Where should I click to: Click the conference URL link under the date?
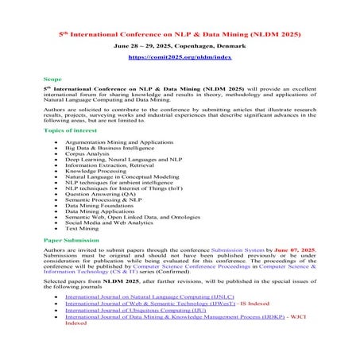tap(180, 57)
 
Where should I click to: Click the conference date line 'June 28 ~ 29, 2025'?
tap(180, 47)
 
